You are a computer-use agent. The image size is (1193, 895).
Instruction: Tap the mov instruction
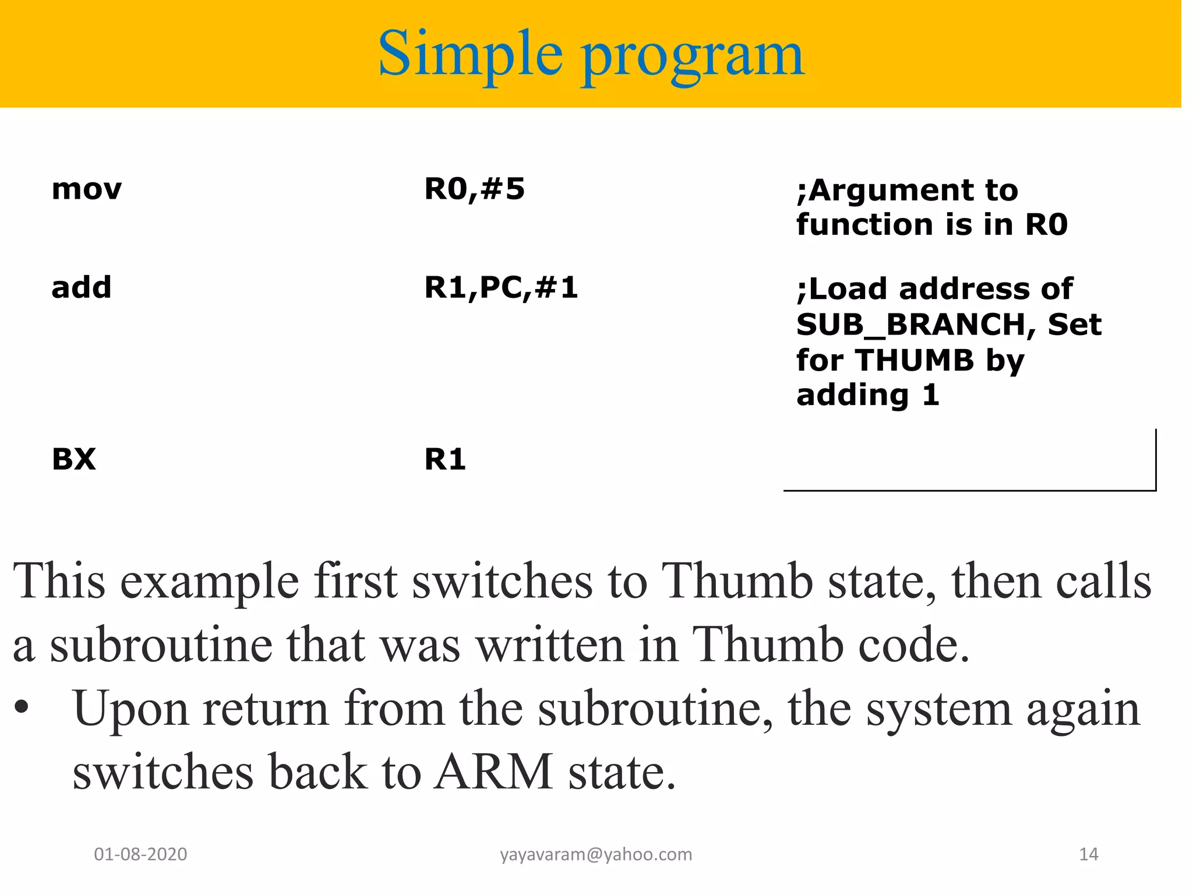pyautogui.click(x=86, y=189)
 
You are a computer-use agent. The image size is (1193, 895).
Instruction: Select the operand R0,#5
pyautogui.click(x=474, y=189)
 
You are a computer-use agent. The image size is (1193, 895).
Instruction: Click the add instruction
pyautogui.click(x=81, y=287)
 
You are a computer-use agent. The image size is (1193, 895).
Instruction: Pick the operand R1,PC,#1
pyautogui.click(x=501, y=287)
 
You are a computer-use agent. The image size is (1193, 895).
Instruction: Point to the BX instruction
pyautogui.click(x=73, y=459)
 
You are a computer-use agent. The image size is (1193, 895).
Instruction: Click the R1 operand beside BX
pyautogui.click(x=445, y=459)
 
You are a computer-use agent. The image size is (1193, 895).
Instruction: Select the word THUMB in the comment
pyautogui.click(x=915, y=360)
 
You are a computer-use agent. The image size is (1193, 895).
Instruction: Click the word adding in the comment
pyautogui.click(x=852, y=396)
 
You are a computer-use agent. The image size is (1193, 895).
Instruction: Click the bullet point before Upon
pyautogui.click(x=22, y=708)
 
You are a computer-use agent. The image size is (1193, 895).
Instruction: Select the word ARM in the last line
pyautogui.click(x=494, y=771)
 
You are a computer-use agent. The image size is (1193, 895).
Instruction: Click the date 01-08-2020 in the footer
pyautogui.click(x=140, y=854)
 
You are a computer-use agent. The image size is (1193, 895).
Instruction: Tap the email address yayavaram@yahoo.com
pyautogui.click(x=596, y=854)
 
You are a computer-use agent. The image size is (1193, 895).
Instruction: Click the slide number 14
pyautogui.click(x=1088, y=854)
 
